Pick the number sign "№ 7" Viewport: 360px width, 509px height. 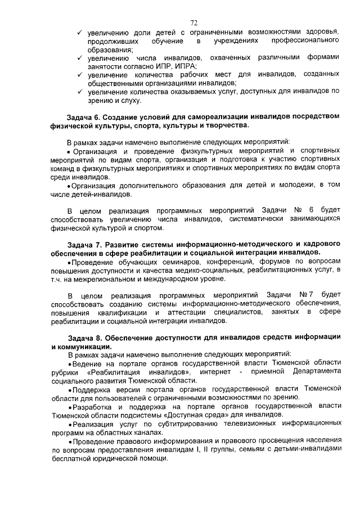[x=306, y=295]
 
